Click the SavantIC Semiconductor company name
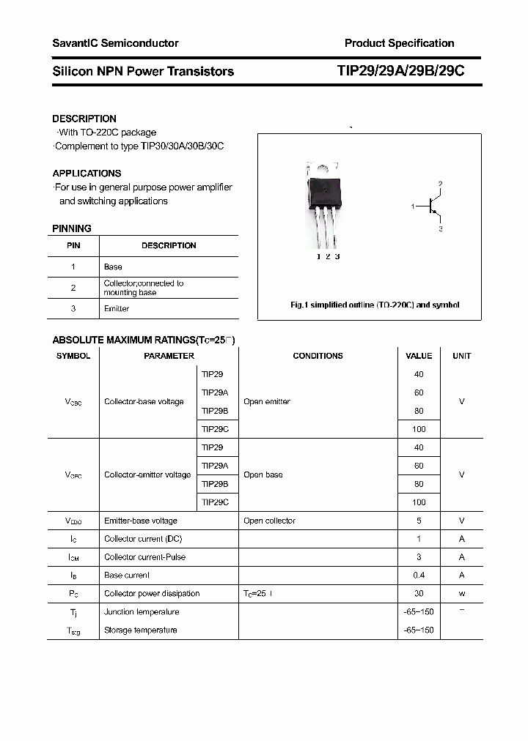[x=115, y=43]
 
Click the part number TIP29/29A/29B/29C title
[x=400, y=71]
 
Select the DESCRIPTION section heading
[x=84, y=119]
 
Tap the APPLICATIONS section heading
[x=87, y=174]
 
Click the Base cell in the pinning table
[x=113, y=267]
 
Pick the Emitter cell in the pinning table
[x=117, y=309]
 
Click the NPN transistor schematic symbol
[x=432, y=207]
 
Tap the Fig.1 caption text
[x=374, y=305]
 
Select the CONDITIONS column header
[x=318, y=356]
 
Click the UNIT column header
[x=461, y=356]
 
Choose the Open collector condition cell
[x=269, y=521]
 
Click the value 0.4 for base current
[x=419, y=576]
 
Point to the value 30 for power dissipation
[x=419, y=594]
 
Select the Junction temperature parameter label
[x=142, y=612]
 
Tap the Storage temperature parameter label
[x=140, y=630]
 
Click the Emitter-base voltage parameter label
[x=140, y=521]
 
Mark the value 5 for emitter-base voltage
[x=419, y=521]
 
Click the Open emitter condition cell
[x=266, y=402]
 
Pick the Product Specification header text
[x=399, y=43]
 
